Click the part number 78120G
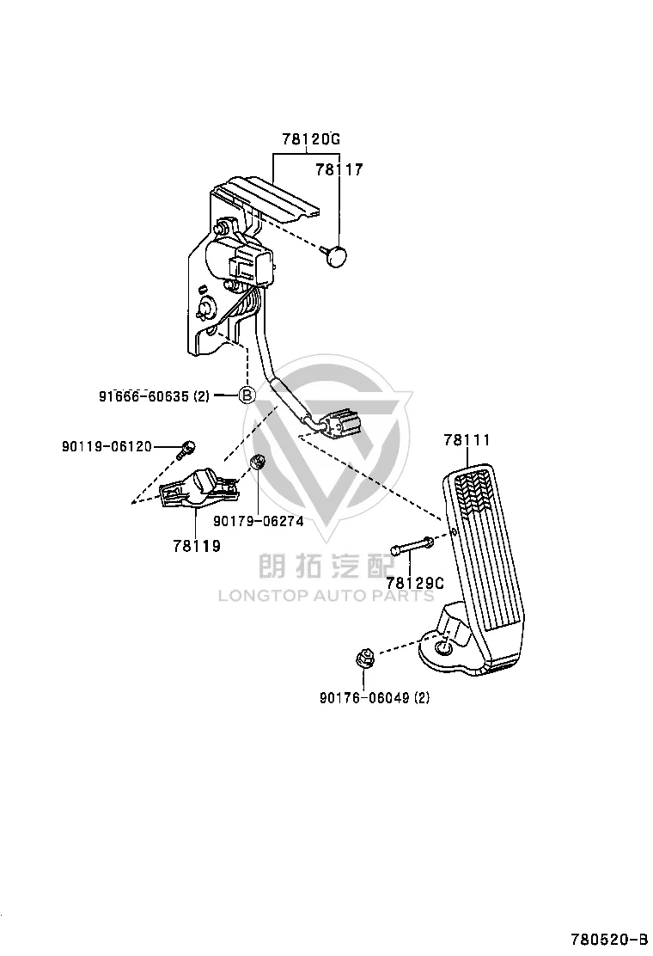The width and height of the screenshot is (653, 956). [x=311, y=139]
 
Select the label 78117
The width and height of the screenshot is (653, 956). [x=339, y=169]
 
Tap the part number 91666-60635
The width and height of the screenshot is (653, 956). [x=143, y=396]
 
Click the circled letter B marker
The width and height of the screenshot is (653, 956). [x=246, y=395]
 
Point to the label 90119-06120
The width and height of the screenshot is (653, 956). [x=107, y=447]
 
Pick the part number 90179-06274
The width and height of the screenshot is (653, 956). [x=259, y=521]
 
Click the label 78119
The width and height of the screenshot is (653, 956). [x=197, y=546]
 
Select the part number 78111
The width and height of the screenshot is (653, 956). [x=467, y=439]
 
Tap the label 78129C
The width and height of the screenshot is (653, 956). [x=416, y=584]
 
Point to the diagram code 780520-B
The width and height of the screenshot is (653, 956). [x=609, y=937]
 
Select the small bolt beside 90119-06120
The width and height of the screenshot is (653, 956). [x=186, y=450]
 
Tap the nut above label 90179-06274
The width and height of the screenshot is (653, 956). [x=258, y=463]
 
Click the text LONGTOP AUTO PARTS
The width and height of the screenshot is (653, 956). [x=326, y=596]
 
